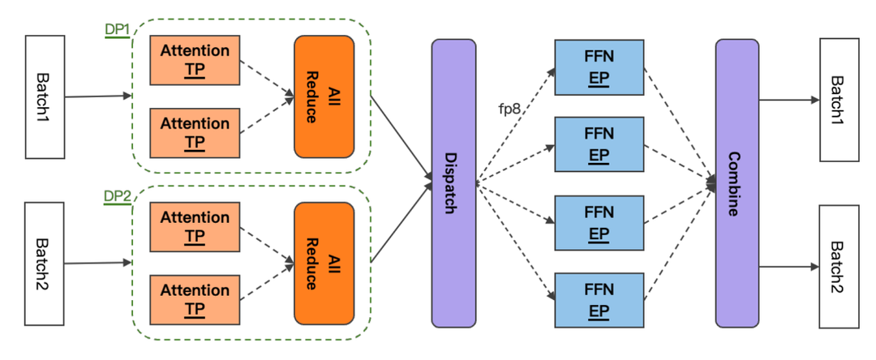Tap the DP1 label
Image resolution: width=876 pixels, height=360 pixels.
coord(117,30)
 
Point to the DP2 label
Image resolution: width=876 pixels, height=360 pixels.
coord(117,197)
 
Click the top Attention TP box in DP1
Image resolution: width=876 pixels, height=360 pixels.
coord(195,59)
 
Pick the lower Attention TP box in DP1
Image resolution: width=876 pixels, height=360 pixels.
coord(195,132)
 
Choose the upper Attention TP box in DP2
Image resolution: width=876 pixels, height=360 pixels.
coord(195,226)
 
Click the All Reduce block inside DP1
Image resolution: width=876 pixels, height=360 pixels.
coord(324,96)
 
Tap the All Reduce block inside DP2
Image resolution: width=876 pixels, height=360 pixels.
coord(324,263)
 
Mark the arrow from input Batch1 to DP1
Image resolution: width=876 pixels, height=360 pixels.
coord(98,96)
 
